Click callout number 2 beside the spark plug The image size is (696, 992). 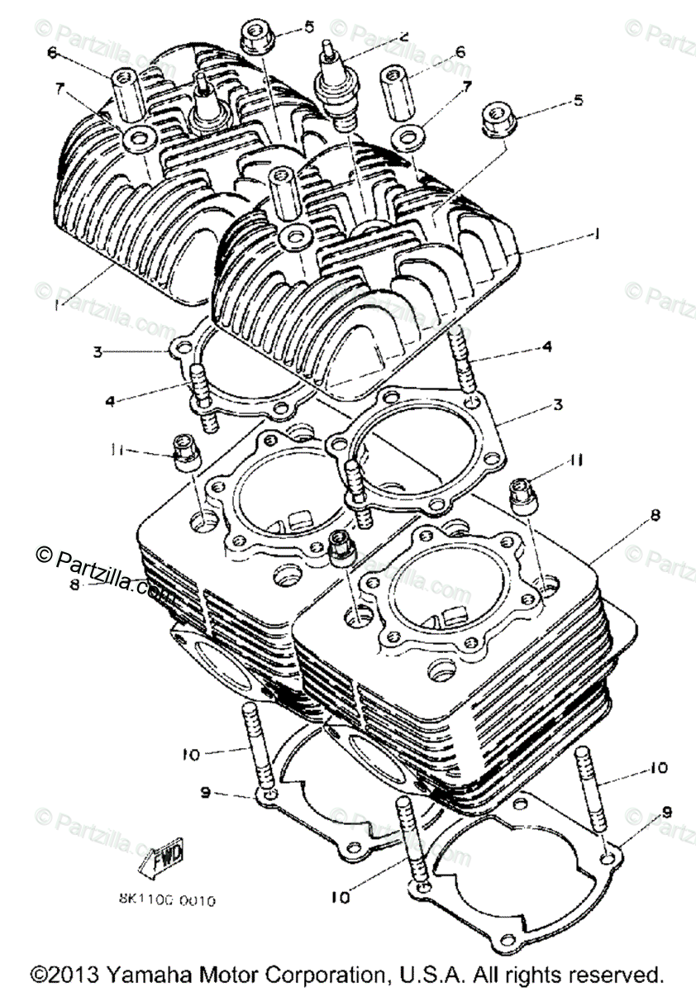tap(403, 36)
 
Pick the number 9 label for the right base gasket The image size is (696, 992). tap(666, 811)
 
